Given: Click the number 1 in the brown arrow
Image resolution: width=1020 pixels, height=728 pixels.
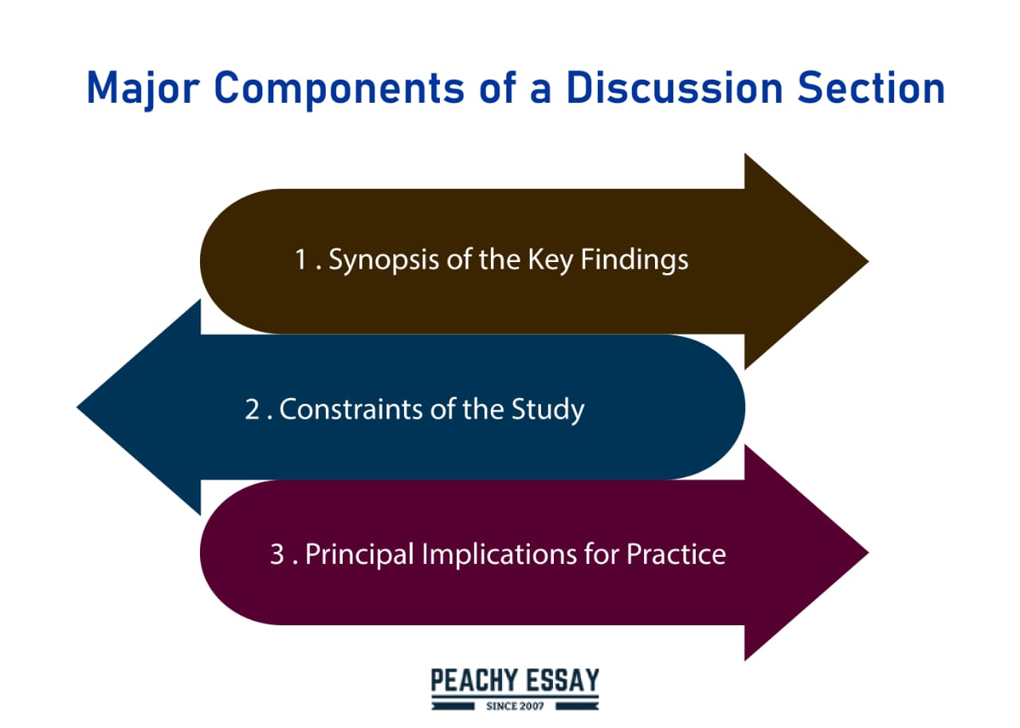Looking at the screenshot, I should pyautogui.click(x=302, y=260).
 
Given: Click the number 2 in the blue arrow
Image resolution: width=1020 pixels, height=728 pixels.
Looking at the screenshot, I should pyautogui.click(x=253, y=409).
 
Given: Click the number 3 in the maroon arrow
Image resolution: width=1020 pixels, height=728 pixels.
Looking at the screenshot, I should pyautogui.click(x=277, y=554).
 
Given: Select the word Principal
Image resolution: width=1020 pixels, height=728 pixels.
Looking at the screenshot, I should pyautogui.click(x=359, y=554).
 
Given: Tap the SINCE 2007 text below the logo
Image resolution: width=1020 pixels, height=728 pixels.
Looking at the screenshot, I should pyautogui.click(x=515, y=706).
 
